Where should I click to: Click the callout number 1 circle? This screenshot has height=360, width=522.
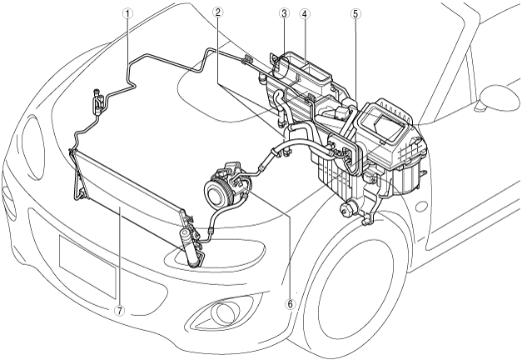coord(128,13)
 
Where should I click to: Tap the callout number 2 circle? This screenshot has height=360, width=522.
coord(217,12)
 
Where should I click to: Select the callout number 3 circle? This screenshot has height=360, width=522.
coord(284,13)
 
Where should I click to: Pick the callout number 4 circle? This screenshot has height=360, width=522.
coord(305,13)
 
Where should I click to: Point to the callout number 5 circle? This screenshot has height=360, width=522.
coord(355,13)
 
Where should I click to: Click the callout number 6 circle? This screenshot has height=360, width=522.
coord(290,303)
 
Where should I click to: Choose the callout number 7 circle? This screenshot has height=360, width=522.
coord(119,310)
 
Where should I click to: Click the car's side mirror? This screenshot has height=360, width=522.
coord(498,98)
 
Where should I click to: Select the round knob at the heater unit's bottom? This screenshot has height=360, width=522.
coord(346,208)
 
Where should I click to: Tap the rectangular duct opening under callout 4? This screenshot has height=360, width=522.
coord(313,73)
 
